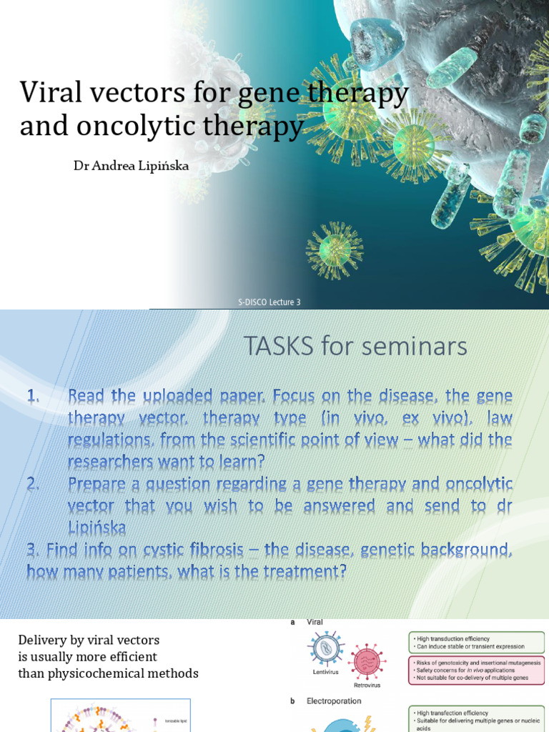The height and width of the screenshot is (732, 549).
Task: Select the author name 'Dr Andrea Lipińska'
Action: coord(132,166)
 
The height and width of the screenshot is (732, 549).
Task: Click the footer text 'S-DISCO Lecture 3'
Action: coord(269,302)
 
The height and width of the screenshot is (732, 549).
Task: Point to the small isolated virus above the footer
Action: coord(334,249)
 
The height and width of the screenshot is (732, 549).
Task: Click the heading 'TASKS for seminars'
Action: coord(355,347)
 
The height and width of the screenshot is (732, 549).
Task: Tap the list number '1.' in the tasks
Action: coord(35,396)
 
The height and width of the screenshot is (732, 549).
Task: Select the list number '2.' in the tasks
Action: coord(35,484)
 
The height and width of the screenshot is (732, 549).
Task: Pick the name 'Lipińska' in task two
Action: coord(97,528)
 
